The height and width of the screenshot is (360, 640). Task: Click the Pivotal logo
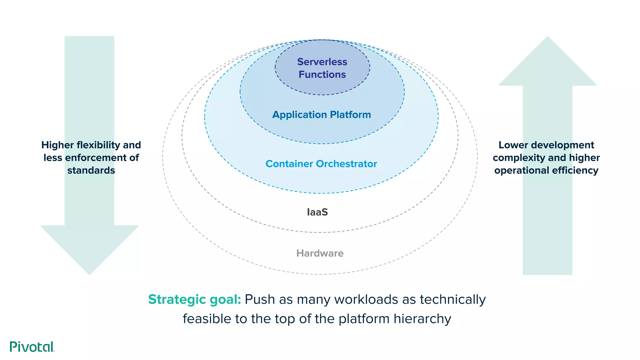pyautogui.click(x=32, y=347)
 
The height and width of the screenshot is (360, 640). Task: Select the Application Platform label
pyautogui.click(x=322, y=115)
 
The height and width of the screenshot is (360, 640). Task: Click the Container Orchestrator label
pyautogui.click(x=321, y=164)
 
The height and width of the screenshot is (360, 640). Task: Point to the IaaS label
pyautogui.click(x=317, y=212)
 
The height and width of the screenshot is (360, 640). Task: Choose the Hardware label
pyautogui.click(x=320, y=253)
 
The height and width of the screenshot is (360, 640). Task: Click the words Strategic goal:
pyautogui.click(x=194, y=299)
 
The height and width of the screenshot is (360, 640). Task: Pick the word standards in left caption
pyautogui.click(x=91, y=170)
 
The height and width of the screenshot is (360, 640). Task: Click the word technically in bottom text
pyautogui.click(x=452, y=299)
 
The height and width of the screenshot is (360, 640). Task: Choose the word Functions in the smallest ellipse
pyautogui.click(x=322, y=75)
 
